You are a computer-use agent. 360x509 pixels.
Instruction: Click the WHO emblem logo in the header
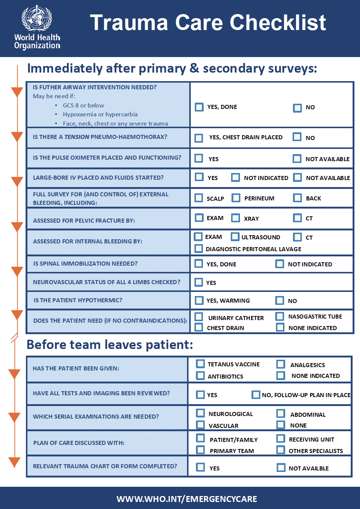(x=37, y=18)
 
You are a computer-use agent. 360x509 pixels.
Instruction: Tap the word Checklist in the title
(x=278, y=22)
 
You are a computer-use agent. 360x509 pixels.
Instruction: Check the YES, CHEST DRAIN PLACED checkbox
(x=199, y=138)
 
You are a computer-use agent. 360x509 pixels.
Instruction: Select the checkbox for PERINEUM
(x=236, y=198)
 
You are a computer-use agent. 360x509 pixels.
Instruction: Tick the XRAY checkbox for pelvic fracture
(x=236, y=218)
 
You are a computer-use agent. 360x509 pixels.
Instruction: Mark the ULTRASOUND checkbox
(x=235, y=237)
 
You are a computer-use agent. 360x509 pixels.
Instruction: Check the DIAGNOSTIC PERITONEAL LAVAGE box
(x=199, y=249)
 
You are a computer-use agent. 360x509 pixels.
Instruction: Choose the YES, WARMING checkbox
(x=199, y=300)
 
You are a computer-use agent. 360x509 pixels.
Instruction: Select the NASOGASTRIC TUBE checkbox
(x=280, y=316)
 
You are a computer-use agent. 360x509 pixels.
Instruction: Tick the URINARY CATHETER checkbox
(x=199, y=316)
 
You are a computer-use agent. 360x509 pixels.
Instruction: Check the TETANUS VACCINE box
(x=200, y=363)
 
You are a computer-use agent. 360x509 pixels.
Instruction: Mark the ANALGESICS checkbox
(x=281, y=364)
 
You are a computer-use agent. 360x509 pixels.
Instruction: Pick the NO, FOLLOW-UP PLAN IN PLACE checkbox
(x=256, y=395)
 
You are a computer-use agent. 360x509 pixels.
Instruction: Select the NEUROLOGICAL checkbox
(x=200, y=413)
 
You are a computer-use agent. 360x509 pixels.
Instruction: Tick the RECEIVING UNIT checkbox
(x=281, y=439)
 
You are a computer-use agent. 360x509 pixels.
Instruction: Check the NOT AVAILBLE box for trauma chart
(x=281, y=468)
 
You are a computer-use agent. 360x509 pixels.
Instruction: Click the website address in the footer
(x=187, y=499)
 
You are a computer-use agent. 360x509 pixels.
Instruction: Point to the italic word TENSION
(x=77, y=137)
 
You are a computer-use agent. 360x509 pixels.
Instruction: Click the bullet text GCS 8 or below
(x=83, y=106)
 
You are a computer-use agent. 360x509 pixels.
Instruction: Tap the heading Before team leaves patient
(x=110, y=345)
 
